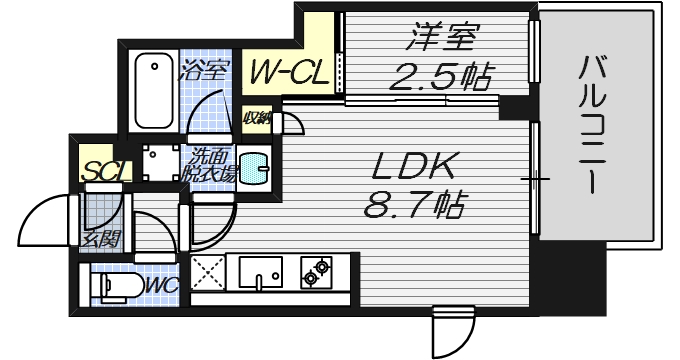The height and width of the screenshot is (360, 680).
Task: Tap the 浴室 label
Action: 206,71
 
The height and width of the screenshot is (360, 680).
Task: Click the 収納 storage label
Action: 258,118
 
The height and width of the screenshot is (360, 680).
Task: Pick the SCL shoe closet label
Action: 105,171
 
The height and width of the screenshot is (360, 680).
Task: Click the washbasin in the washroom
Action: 252,164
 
